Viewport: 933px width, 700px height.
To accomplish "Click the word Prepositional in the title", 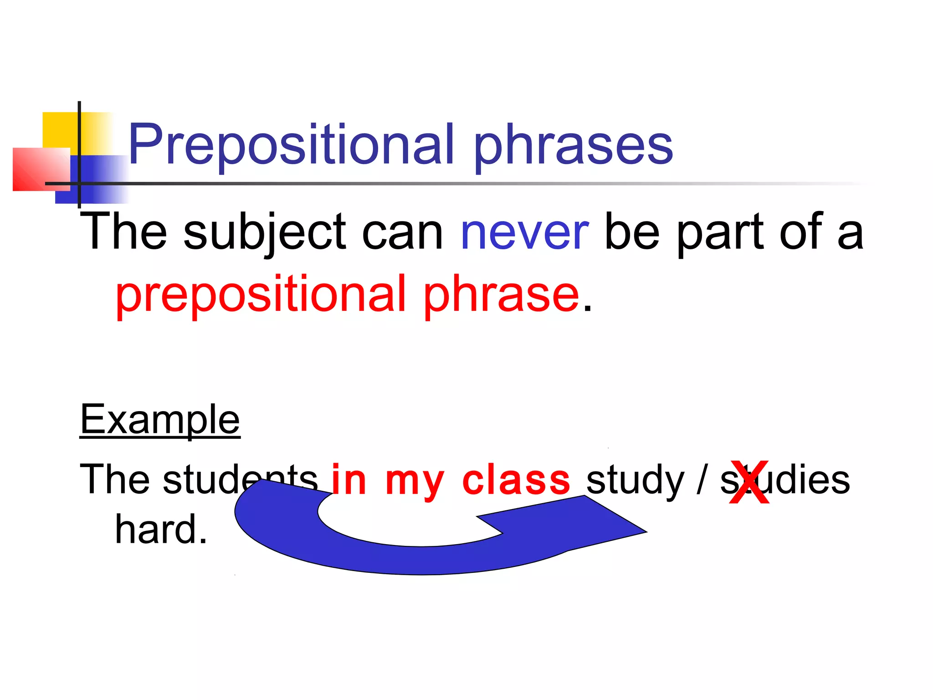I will (292, 145).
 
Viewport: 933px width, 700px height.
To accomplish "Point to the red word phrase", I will (501, 295).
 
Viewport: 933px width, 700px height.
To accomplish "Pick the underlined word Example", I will (160, 420).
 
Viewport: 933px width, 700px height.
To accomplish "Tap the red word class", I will (516, 480).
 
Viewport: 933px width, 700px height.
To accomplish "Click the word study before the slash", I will (635, 481).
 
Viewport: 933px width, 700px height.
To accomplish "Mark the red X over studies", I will (749, 483).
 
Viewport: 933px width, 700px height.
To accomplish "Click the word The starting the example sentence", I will (114, 479).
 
